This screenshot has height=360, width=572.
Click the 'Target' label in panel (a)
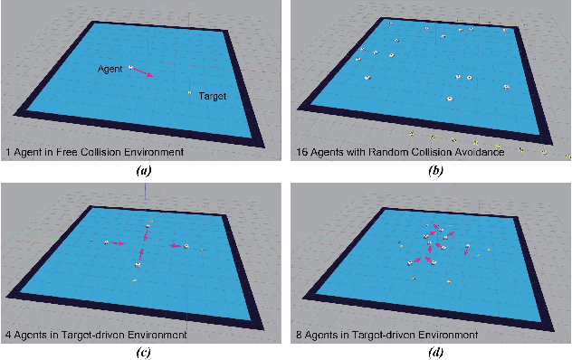pos(212,96)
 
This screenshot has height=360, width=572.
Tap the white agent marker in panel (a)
pos(130,66)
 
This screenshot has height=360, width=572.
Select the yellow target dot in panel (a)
pos(188,92)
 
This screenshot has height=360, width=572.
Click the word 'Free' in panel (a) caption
pos(68,151)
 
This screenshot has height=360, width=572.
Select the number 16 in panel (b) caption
pos(302,151)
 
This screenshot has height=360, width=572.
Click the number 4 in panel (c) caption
pos(7,335)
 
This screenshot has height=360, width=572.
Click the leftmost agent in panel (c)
pos(107,242)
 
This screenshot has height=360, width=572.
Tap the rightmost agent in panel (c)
pos(186,245)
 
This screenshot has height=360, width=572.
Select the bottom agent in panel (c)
pos(138,264)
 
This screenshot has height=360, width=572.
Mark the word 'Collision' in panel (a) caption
pos(106,151)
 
